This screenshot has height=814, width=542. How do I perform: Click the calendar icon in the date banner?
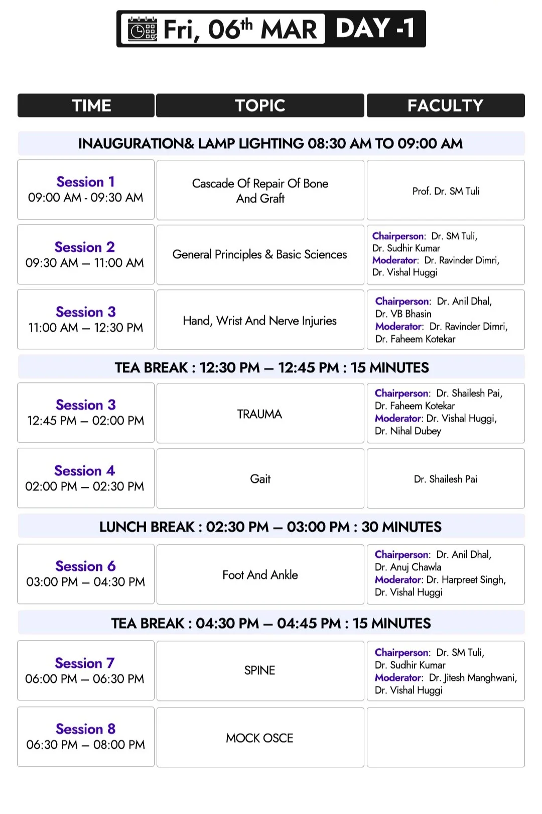[142, 29]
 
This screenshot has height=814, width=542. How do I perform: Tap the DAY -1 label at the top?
[375, 28]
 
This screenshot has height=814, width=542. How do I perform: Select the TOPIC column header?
[260, 106]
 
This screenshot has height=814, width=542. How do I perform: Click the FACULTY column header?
[445, 106]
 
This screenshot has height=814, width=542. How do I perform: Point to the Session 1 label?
[85, 182]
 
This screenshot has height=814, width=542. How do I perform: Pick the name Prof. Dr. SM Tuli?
[446, 191]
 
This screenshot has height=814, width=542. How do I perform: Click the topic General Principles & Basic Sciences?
[259, 255]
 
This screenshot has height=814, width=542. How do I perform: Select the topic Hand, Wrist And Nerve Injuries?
[259, 321]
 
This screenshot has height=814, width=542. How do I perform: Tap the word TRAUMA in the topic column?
[259, 414]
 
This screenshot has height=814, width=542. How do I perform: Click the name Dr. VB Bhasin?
[403, 314]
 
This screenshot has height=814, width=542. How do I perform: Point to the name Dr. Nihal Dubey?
[408, 431]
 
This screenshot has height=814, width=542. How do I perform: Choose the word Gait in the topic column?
[260, 479]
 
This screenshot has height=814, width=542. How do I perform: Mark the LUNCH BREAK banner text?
[270, 527]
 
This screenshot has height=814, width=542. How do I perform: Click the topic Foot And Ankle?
[260, 575]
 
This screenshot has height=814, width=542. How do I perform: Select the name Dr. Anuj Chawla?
[408, 567]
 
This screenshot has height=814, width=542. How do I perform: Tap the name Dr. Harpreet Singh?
[466, 580]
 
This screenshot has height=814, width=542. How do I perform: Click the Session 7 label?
[85, 663]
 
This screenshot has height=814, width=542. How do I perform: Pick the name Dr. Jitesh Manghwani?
[472, 678]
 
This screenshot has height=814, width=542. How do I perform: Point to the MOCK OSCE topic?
[259, 738]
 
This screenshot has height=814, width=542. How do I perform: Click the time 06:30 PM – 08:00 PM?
[85, 745]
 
